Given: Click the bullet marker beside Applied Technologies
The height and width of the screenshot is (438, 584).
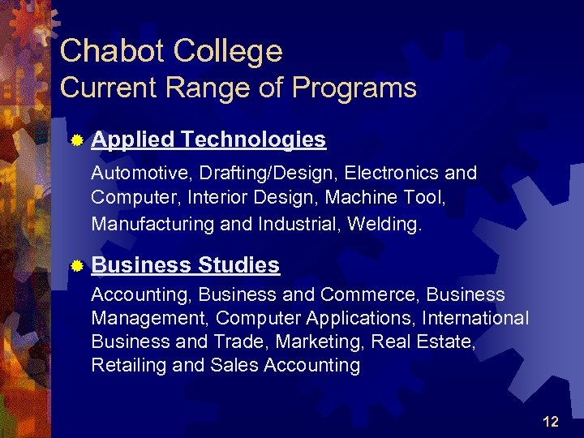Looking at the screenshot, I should [76, 141].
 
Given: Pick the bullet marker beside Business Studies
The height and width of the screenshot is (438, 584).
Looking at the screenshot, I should [76, 266].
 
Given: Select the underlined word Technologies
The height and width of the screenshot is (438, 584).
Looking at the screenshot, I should [254, 141].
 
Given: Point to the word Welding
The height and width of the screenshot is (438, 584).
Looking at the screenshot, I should [384, 224].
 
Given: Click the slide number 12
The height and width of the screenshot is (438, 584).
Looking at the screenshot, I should [551, 421].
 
